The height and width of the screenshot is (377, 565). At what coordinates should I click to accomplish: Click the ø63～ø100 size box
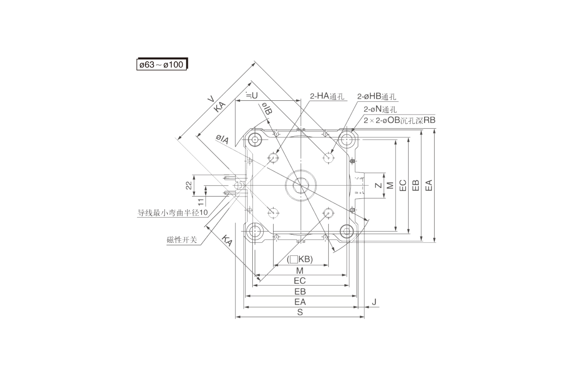tap(161, 64)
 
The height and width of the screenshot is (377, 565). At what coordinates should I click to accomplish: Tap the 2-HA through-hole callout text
tap(327, 96)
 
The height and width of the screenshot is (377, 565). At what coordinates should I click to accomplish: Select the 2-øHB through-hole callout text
tap(376, 97)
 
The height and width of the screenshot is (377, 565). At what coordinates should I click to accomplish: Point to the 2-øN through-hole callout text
tap(380, 109)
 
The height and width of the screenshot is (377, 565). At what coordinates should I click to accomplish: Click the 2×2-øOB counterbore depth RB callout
tap(399, 120)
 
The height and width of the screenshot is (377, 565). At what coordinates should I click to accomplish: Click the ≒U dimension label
tap(252, 95)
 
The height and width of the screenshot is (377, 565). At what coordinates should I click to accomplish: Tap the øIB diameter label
tap(266, 108)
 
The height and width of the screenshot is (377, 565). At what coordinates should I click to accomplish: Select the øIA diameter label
tap(222, 139)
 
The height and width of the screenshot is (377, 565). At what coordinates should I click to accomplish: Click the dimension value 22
tap(189, 186)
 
